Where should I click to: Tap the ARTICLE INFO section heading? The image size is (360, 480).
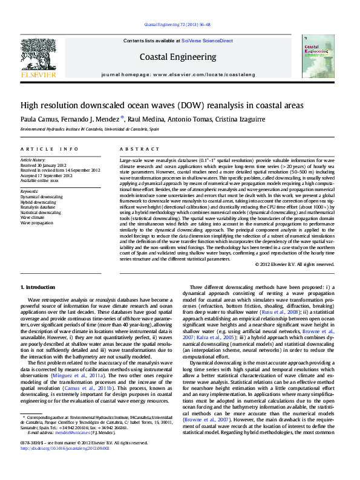[x=49, y=149]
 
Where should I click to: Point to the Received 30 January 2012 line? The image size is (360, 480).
[x=47, y=165]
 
